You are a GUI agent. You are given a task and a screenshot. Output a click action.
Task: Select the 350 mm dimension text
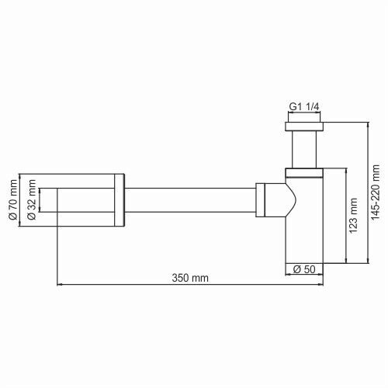point(189,277)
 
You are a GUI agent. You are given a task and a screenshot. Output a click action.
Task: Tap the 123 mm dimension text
point(354,217)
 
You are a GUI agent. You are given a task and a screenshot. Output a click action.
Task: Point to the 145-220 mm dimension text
point(376,192)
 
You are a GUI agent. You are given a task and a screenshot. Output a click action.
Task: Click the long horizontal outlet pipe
point(190,200)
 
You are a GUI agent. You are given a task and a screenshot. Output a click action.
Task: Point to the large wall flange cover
point(85,201)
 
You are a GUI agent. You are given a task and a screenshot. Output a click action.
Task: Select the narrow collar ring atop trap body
point(304,171)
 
